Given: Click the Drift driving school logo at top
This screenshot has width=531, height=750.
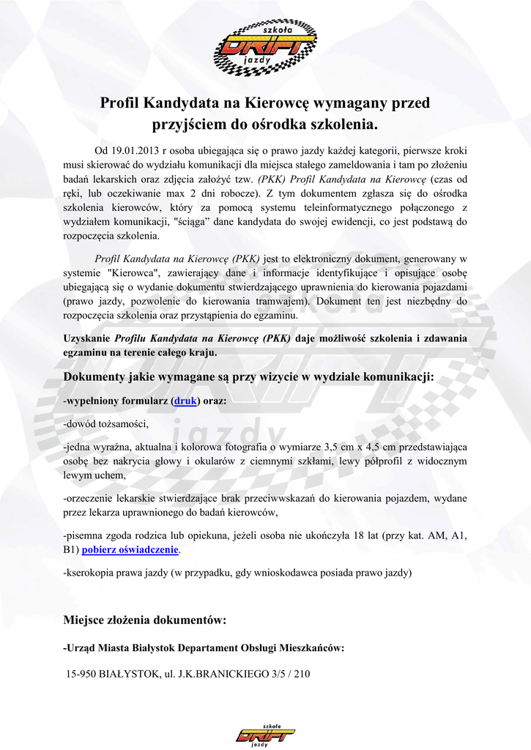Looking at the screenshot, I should (x=265, y=48).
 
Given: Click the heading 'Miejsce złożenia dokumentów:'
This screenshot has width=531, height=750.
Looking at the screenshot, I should (x=146, y=620).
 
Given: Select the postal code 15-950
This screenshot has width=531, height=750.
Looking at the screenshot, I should (x=81, y=673).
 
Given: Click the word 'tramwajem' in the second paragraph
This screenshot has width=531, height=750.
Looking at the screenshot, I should (x=287, y=300).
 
